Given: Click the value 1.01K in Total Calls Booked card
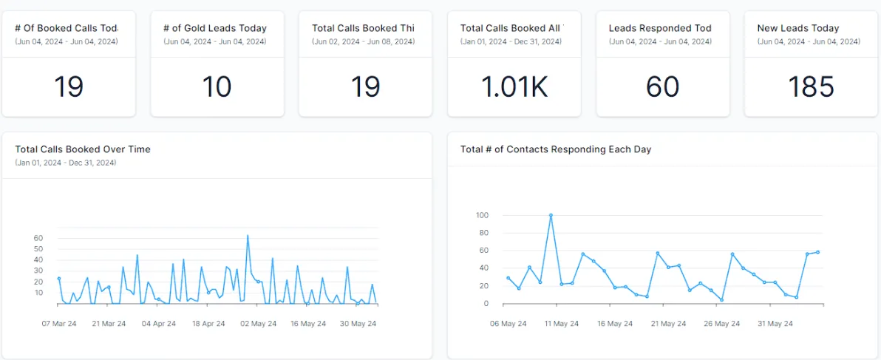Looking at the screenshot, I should pos(514,86).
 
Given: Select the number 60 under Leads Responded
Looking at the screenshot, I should pos(662,86).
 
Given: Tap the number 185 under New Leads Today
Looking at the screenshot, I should pos(810,86).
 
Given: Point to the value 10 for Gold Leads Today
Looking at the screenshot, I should pos(217,86).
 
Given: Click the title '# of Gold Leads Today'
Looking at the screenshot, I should pos(215,28).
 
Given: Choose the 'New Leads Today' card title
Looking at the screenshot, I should pos(798,28).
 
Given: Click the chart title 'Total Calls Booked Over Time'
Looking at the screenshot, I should pos(83,149).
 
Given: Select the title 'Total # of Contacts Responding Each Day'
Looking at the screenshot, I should pos(556,149).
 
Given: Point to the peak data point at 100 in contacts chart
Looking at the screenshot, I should pos(551,215).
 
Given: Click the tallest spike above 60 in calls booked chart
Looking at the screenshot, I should pos(248,236).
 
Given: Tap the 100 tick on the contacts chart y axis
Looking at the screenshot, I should pos(483,215).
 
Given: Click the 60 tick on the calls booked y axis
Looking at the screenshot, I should pos(38,238).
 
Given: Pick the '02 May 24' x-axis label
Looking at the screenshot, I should pos(259,324).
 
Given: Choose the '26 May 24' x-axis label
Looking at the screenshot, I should pos(721,324).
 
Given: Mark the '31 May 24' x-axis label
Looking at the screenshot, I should pos(775,324).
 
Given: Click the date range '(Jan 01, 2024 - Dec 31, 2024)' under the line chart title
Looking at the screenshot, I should pos(66,163).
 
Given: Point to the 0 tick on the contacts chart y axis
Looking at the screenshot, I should pos(486,304).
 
